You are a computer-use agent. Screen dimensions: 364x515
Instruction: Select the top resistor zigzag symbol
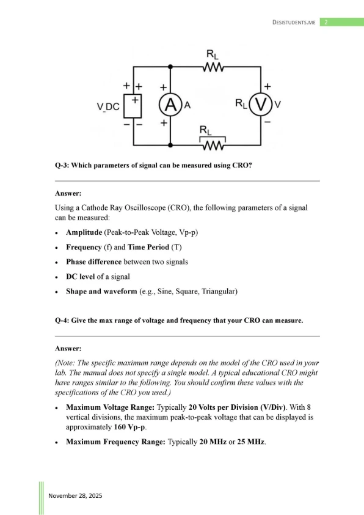pos(213,67)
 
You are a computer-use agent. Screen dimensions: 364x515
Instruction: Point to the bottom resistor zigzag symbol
pos(213,146)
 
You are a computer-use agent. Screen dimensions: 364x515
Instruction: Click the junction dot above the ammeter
pos(170,67)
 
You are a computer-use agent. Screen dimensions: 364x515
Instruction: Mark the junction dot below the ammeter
pos(170,145)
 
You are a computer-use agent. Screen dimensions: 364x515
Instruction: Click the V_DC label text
pos(108,107)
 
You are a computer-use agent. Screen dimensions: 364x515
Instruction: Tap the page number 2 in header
pos(326,23)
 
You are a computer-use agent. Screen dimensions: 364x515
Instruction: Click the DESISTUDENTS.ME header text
pos(294,23)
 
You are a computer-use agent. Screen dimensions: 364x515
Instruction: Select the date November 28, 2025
pos(75,495)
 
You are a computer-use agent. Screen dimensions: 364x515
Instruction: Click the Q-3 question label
pos(62,165)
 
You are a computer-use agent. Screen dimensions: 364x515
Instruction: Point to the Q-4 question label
pos(62,320)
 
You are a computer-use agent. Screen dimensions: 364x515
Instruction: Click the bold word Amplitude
pos(84,232)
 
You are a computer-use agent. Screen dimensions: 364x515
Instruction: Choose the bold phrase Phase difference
pos(94,262)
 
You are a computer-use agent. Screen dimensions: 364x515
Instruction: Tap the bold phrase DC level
pos(81,276)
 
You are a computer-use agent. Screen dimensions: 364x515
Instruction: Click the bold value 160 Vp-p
pos(129,428)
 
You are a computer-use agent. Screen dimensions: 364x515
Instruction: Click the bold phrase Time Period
pos(148,247)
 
